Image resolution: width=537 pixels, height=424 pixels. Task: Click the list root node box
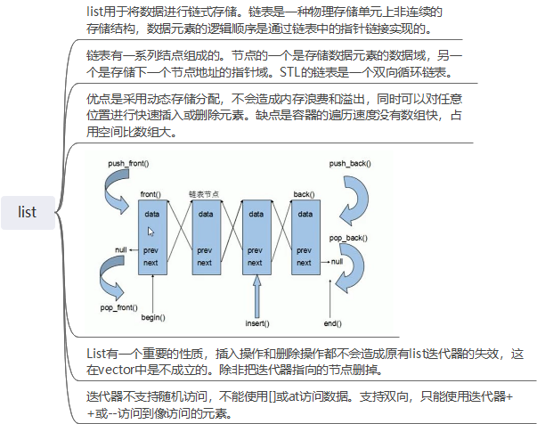pos(28,212)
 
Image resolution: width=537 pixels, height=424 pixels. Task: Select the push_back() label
pos(349,165)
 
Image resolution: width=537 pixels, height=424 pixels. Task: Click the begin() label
pos(153,318)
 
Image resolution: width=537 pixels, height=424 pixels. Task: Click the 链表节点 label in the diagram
pos(204,193)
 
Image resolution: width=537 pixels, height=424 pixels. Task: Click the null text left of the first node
pos(122,249)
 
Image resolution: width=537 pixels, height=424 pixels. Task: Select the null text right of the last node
pos(337,262)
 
